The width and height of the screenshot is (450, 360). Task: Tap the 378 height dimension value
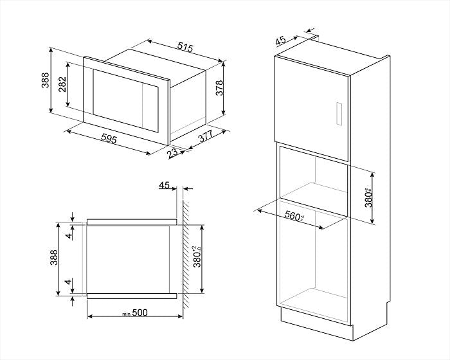click(219, 89)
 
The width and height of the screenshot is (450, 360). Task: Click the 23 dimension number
click(172, 154)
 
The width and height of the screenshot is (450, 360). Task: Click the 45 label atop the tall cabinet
click(280, 40)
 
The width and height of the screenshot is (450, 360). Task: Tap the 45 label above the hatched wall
click(164, 186)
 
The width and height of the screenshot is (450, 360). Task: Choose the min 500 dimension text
click(136, 313)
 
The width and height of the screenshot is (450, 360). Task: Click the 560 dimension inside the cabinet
click(294, 217)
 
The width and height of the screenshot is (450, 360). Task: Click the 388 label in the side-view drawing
click(55, 258)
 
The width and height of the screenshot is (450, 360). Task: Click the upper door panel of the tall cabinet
click(312, 100)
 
